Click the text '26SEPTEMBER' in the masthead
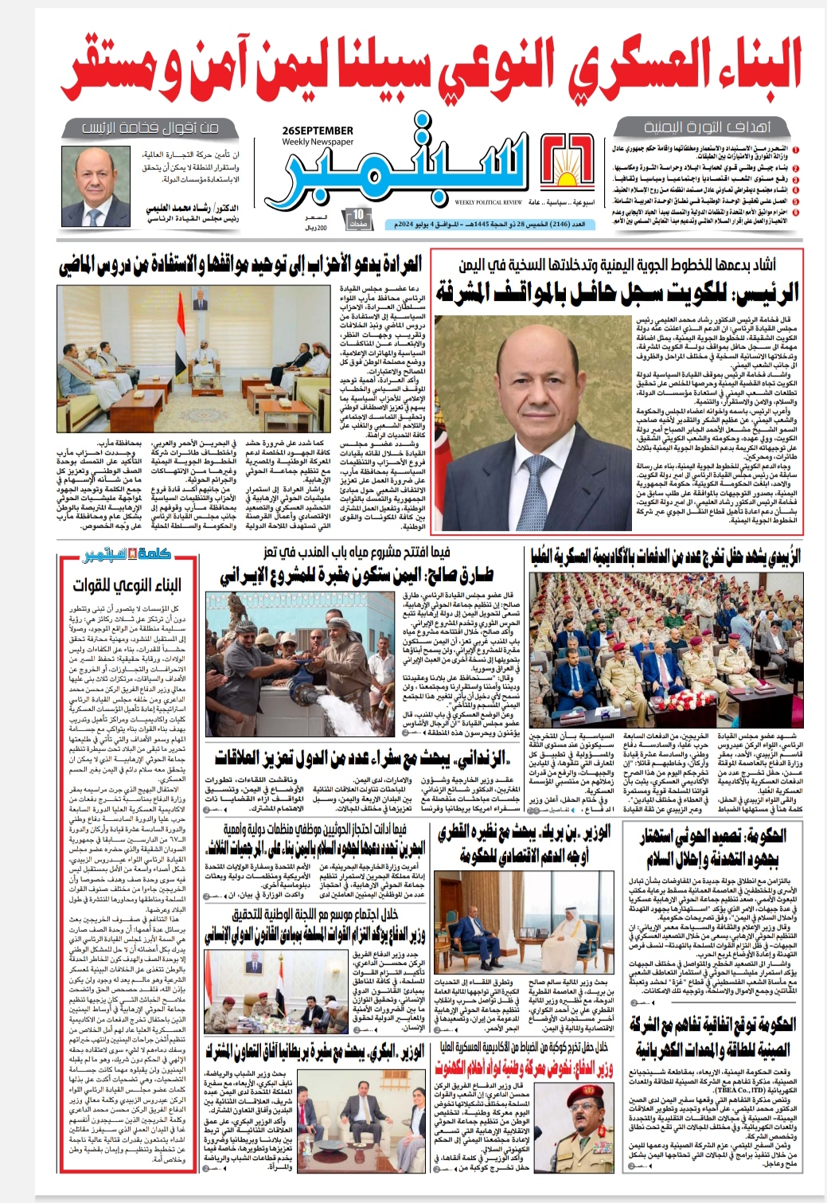point(317,131)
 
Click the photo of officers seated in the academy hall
point(665,653)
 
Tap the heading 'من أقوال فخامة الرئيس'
point(150,127)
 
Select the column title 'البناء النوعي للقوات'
point(127,585)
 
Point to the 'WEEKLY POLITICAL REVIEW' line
point(489,202)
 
